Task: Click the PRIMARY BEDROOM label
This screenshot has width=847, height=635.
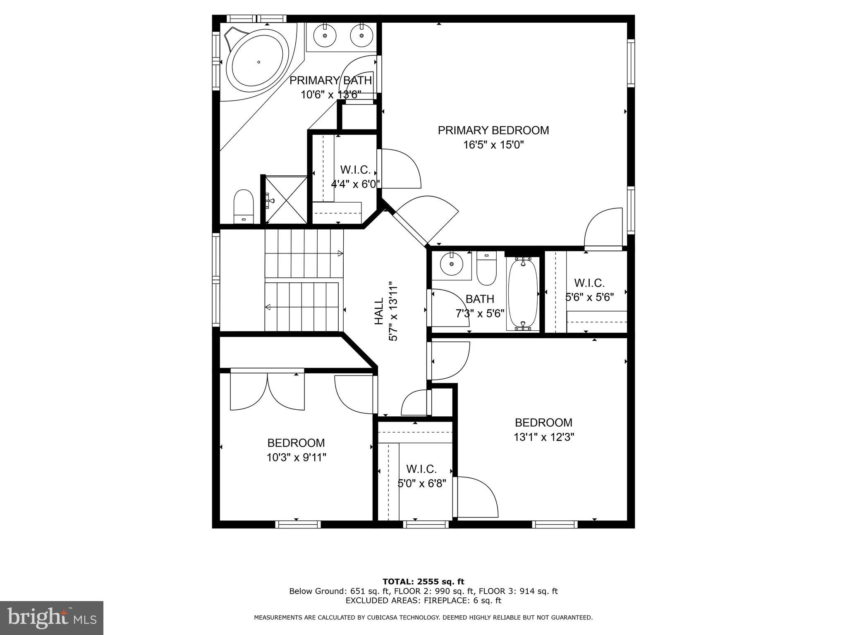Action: pos(493,130)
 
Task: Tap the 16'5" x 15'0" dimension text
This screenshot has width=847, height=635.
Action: pos(493,145)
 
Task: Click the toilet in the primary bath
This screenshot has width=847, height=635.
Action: pos(243,206)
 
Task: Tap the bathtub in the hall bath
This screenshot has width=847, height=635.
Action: pos(523,294)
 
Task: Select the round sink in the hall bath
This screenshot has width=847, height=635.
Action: pos(451,264)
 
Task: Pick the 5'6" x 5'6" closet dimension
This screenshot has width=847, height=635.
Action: pos(589,297)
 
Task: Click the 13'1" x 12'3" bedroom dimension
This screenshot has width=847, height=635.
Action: pos(543,437)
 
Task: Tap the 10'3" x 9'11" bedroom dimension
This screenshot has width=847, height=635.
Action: pos(296,458)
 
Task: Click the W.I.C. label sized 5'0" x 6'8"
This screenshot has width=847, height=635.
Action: pos(421,469)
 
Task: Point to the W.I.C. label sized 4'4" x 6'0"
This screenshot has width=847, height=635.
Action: pos(355,170)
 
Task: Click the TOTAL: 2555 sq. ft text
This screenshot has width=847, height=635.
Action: pos(423,582)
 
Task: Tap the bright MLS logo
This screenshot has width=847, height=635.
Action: pos(51,618)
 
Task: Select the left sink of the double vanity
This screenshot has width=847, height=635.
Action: pos(325,36)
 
